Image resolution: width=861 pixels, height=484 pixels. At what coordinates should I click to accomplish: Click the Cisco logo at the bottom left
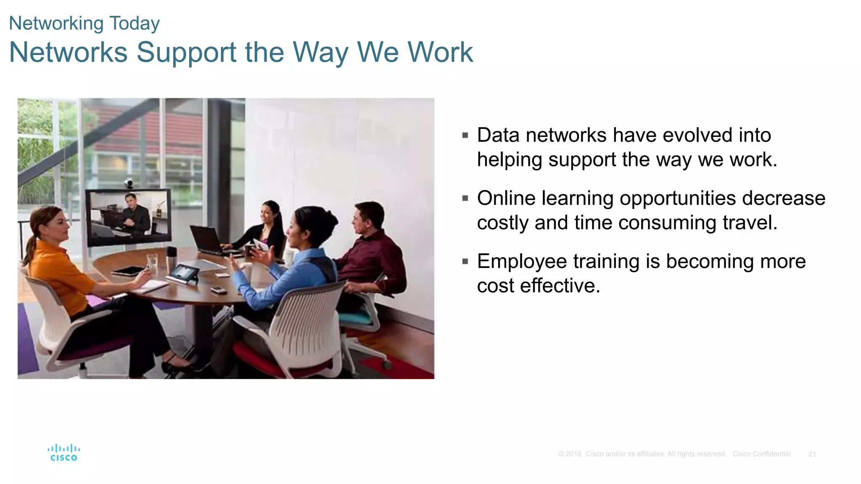63,453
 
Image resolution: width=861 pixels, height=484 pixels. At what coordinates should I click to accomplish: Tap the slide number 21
812,454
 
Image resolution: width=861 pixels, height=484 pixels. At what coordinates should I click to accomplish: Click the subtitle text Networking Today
84,24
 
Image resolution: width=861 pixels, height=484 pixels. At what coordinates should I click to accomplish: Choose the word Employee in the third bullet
521,261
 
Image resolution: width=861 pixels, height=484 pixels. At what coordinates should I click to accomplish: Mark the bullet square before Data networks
465,135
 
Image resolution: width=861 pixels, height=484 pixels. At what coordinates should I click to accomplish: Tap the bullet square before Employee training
465,261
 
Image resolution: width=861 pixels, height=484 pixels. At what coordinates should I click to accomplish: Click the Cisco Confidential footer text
761,454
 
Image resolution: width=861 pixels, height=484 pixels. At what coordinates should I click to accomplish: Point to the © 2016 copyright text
570,454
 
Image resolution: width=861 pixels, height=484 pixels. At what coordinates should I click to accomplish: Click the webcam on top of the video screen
129,184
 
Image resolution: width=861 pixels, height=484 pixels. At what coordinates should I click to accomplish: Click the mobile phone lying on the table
218,290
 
